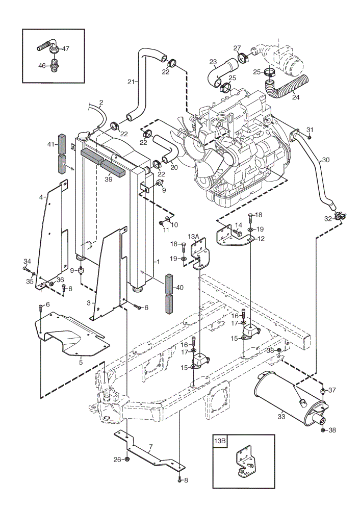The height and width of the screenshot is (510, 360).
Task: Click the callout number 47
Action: tap(65, 49)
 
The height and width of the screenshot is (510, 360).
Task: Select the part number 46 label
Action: tap(42, 66)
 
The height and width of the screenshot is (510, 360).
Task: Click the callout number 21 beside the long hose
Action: tap(131, 82)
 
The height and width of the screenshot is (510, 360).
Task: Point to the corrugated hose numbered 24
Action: tap(286, 86)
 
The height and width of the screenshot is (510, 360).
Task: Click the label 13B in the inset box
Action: tap(219, 441)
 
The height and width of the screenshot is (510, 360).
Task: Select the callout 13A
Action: tap(193, 237)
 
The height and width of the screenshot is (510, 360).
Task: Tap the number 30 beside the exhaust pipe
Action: tap(325, 160)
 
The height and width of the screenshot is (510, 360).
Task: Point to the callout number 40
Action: tap(179, 288)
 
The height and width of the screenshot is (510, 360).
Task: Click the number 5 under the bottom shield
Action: tap(81, 362)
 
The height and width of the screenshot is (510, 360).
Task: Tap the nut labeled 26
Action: tap(127, 460)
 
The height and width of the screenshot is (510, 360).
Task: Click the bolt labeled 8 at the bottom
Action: tap(179, 479)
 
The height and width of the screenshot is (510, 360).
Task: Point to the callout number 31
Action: tap(310, 130)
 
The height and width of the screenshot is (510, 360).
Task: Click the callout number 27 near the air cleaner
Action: tap(237, 48)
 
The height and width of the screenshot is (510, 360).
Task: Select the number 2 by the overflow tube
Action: tap(101, 103)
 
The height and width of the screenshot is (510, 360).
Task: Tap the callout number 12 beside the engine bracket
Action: tap(261, 238)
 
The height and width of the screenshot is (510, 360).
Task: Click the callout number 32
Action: tap(327, 219)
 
